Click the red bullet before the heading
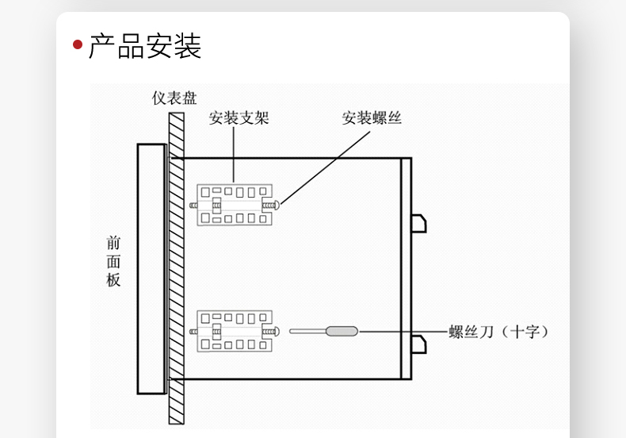(78, 44)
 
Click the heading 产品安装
(144, 45)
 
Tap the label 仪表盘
(174, 98)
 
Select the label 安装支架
(239, 118)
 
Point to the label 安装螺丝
(372, 118)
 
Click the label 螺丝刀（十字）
(498, 332)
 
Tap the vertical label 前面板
(114, 261)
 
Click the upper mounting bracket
(234, 205)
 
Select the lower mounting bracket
(234, 331)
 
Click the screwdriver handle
(341, 331)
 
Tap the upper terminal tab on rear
(418, 223)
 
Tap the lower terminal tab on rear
(418, 344)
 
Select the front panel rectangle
(151, 268)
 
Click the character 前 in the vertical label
(114, 243)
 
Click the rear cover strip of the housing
(406, 268)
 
